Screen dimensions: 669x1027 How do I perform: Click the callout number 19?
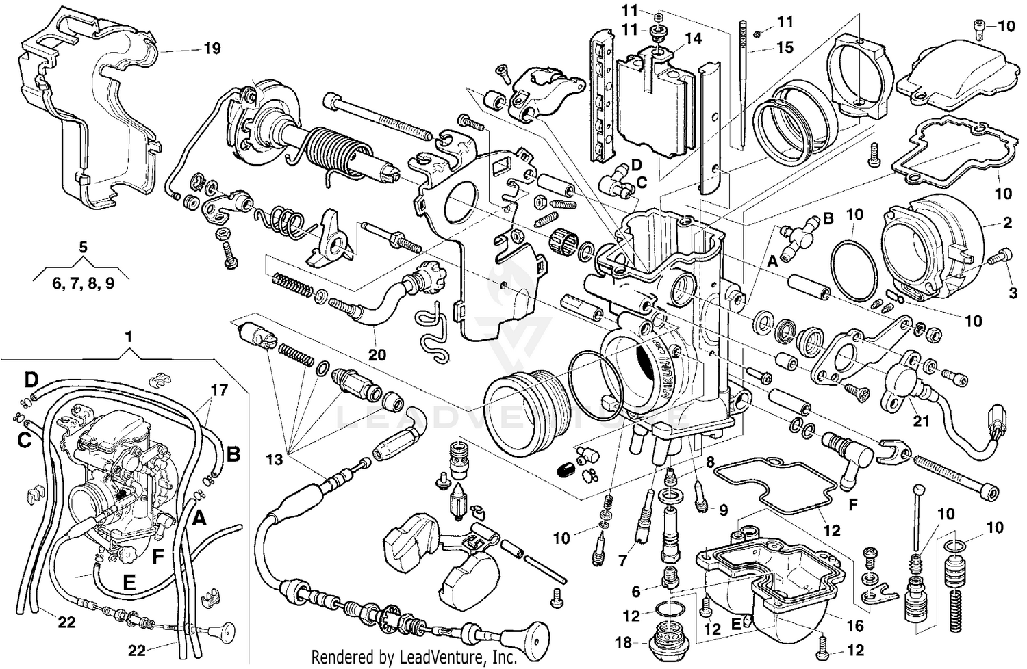pyautogui.click(x=212, y=49)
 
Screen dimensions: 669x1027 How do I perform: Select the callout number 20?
pyautogui.click(x=377, y=354)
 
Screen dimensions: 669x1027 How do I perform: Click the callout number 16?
pyautogui.click(x=855, y=625)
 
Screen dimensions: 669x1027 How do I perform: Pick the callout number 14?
pyautogui.click(x=693, y=38)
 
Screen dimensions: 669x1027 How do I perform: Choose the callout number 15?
pyautogui.click(x=785, y=47)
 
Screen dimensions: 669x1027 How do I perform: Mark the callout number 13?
pyautogui.click(x=274, y=460)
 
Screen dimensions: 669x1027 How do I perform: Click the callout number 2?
pyautogui.click(x=1008, y=222)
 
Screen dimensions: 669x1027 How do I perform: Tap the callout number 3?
pyautogui.click(x=1012, y=293)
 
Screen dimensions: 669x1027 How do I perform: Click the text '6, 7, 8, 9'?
pyautogui.click(x=84, y=283)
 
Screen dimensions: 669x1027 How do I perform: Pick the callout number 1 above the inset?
pyautogui.click(x=128, y=337)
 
